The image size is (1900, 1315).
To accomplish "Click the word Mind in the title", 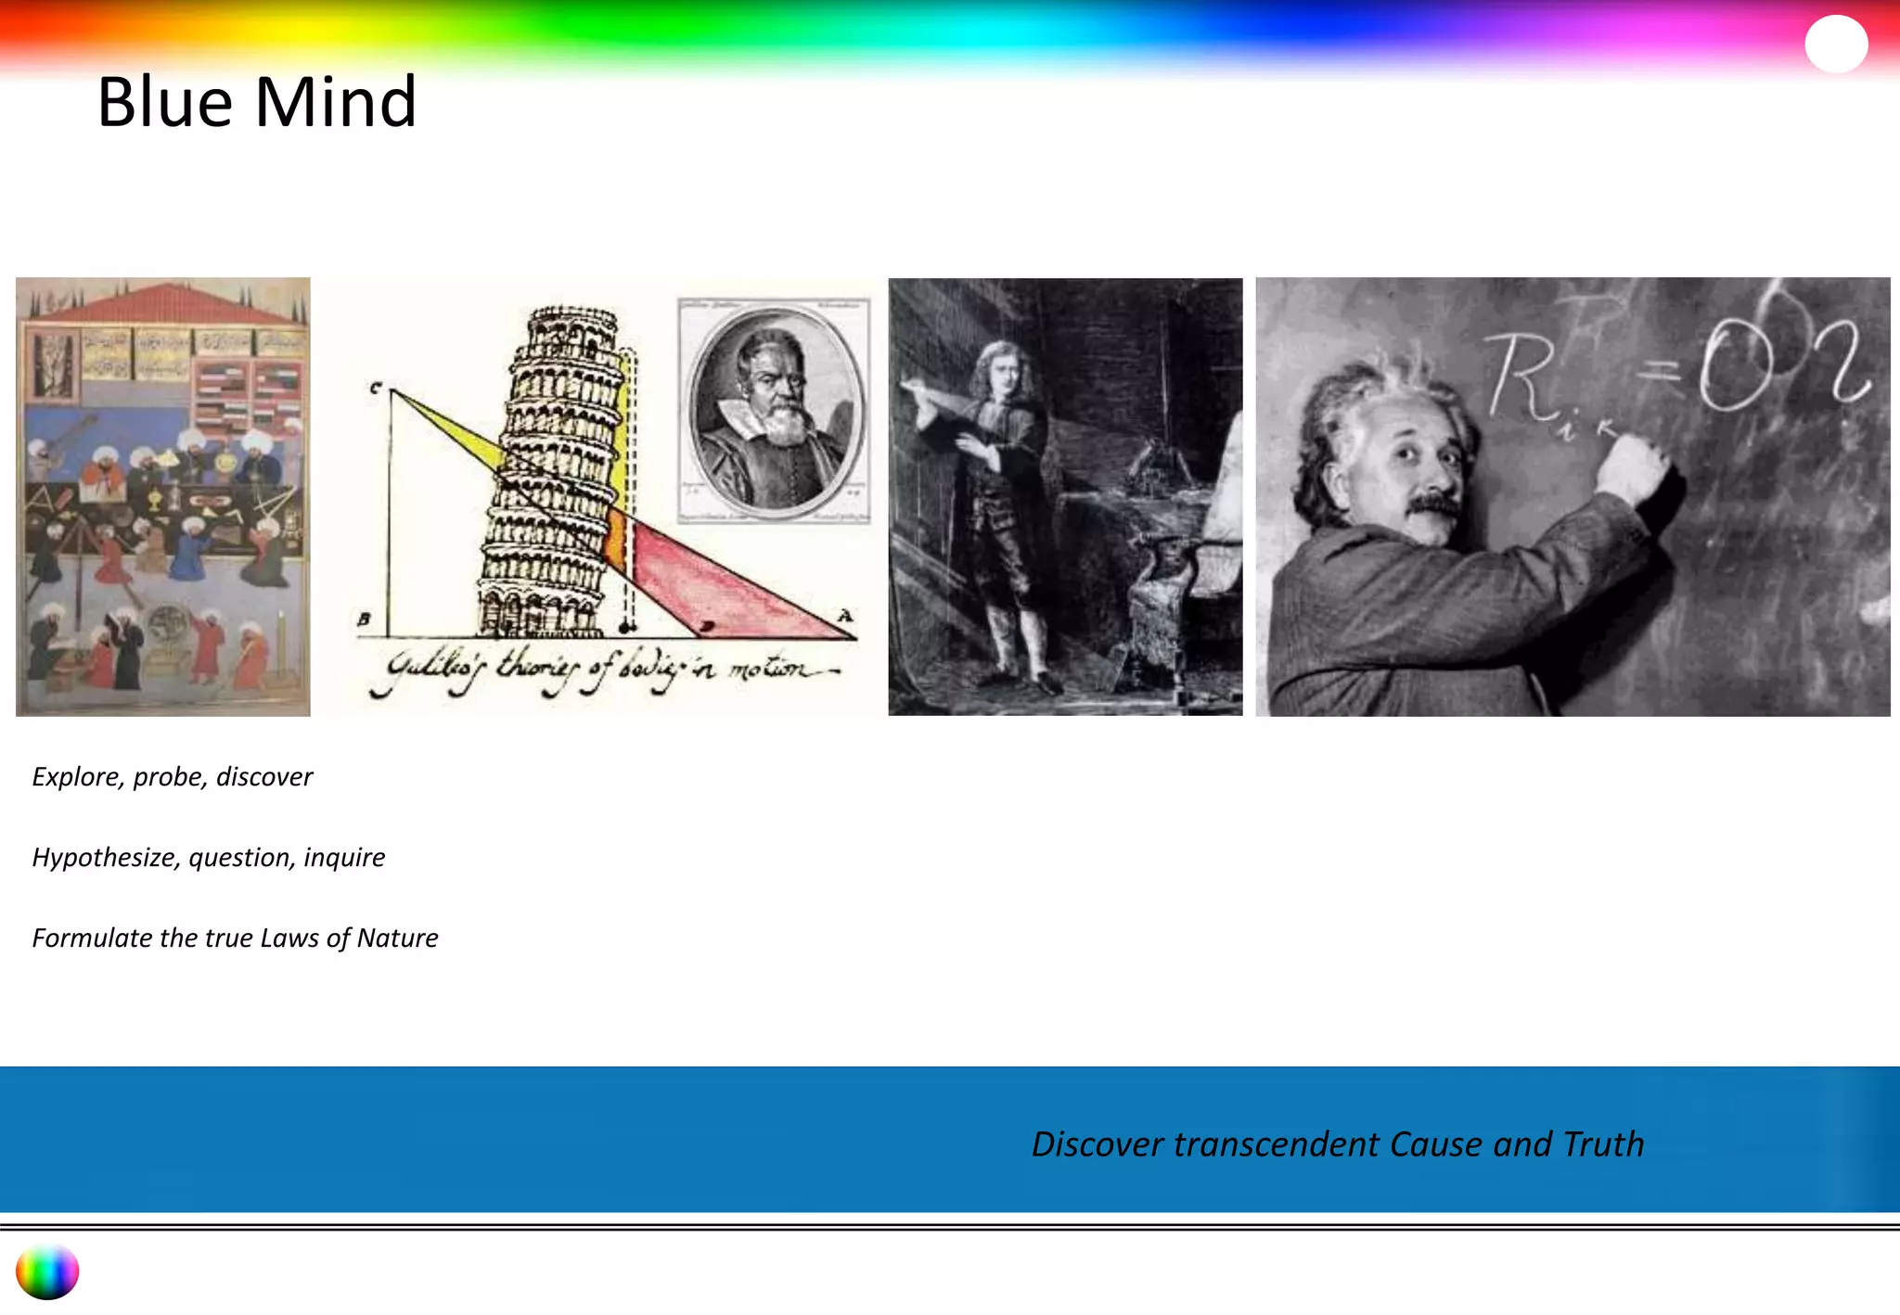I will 335,102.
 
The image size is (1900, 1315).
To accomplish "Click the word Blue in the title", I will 165,102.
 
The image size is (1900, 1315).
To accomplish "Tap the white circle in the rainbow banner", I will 1835,44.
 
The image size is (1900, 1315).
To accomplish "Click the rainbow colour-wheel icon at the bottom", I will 47,1271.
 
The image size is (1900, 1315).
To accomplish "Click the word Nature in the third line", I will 397,938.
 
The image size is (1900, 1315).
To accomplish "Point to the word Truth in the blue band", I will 1603,1144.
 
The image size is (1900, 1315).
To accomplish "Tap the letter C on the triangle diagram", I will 376,388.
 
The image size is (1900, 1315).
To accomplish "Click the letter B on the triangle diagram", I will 365,619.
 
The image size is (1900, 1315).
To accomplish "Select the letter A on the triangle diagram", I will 844,616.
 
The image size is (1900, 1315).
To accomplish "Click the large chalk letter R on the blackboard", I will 1521,375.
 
